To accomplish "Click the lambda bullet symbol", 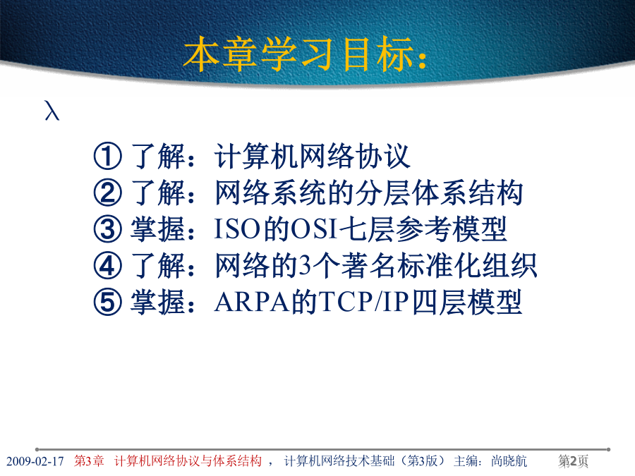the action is [x=52, y=110].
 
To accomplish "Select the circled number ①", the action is [x=107, y=156].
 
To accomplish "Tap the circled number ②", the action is [x=107, y=193].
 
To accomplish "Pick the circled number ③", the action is [x=107, y=229].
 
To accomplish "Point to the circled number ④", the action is [x=107, y=266].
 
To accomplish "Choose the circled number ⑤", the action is [x=107, y=302].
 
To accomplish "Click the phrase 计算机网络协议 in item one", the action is [x=313, y=156].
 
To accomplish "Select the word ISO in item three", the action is [x=237, y=229].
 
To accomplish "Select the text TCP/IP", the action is [x=363, y=302].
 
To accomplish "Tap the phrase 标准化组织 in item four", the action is [x=467, y=266].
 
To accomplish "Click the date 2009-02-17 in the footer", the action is [x=35, y=461].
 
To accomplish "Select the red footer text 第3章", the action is [x=89, y=461].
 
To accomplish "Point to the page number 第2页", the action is [x=573, y=461].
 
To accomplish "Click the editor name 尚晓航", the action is [x=509, y=461].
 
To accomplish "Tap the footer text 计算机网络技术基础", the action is [x=339, y=461].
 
